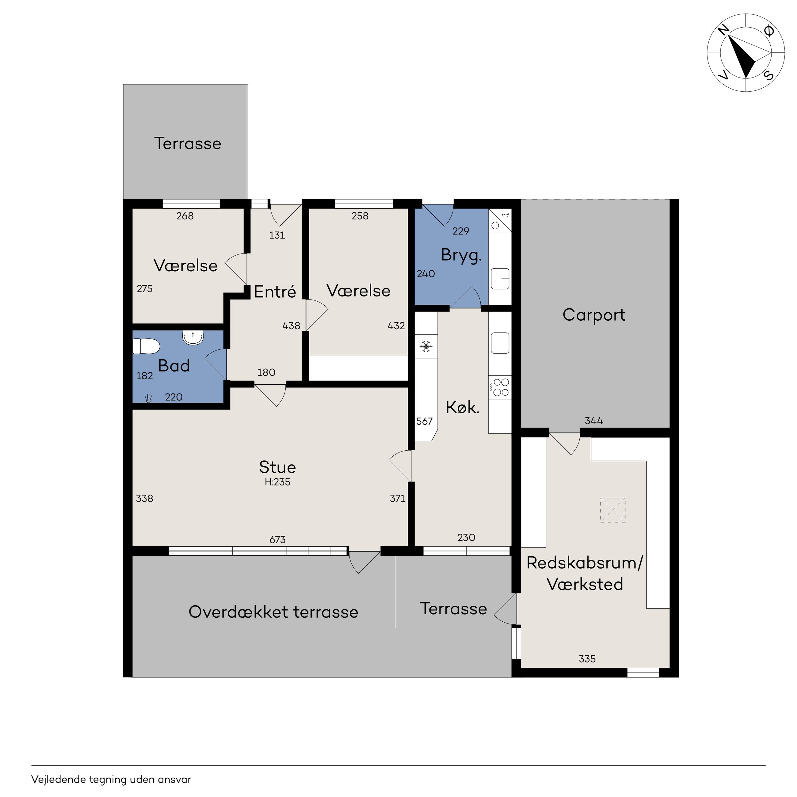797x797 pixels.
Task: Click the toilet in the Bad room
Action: click(x=146, y=346)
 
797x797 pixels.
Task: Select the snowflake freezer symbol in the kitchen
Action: click(x=426, y=346)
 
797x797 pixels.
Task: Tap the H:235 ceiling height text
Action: click(x=278, y=482)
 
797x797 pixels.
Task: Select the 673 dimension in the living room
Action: click(x=278, y=540)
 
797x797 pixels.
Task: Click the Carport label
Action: click(x=594, y=315)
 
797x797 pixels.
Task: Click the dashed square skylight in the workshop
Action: click(x=613, y=511)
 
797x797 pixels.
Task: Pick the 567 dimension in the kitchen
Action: click(x=425, y=421)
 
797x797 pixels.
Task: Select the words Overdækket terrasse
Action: click(x=273, y=612)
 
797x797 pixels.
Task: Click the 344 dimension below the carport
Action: click(x=594, y=421)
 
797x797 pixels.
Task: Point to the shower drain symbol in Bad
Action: click(x=148, y=398)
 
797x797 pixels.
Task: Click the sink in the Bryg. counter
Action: click(x=500, y=279)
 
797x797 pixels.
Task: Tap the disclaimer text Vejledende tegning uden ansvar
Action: click(x=111, y=780)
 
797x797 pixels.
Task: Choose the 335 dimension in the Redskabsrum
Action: click(x=587, y=659)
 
